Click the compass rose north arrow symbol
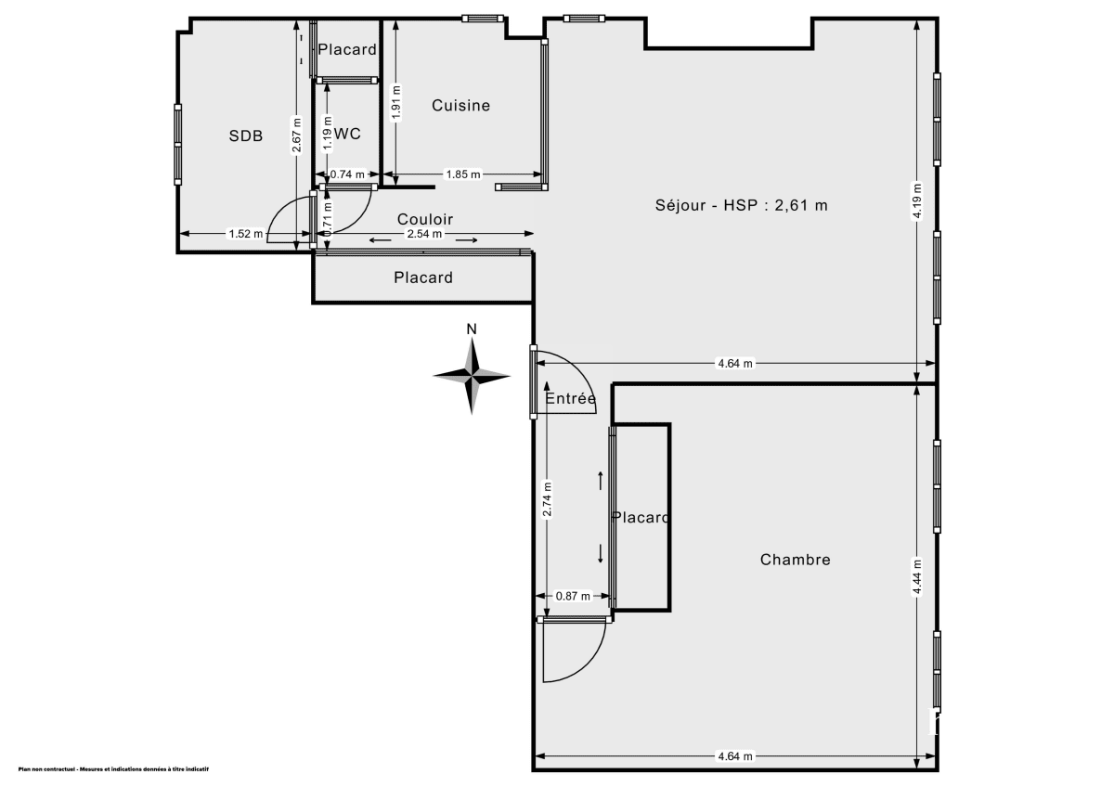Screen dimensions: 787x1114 pyautogui.click(x=473, y=374)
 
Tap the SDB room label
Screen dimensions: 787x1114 pyautogui.click(x=246, y=136)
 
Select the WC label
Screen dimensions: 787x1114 pyautogui.click(x=347, y=134)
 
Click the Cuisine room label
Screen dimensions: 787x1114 pyautogui.click(x=460, y=106)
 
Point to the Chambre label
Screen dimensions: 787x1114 pyautogui.click(x=795, y=560)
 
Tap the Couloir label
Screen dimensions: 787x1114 pyautogui.click(x=425, y=219)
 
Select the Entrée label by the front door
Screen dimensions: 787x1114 pyautogui.click(x=570, y=399)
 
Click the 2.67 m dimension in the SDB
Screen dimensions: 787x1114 pyautogui.click(x=296, y=135)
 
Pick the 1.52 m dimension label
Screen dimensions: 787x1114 pyautogui.click(x=246, y=234)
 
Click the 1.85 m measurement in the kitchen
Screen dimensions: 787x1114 pyautogui.click(x=463, y=174)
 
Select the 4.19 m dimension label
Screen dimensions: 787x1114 pyautogui.click(x=917, y=200)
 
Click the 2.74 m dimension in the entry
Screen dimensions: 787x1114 pyautogui.click(x=547, y=499)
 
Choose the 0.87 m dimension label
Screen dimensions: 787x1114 pyautogui.click(x=573, y=597)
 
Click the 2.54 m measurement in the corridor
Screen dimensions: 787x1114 pyautogui.click(x=425, y=235)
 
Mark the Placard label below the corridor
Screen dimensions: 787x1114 pyautogui.click(x=423, y=277)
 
